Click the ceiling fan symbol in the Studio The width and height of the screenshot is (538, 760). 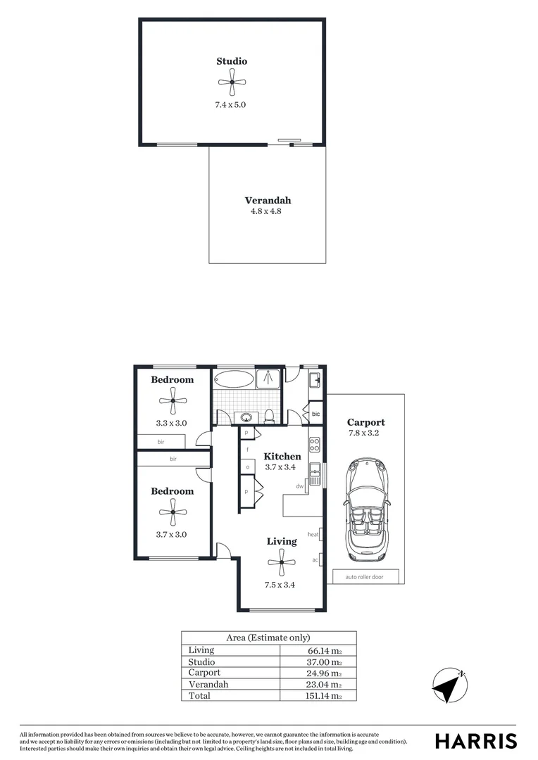(x=232, y=84)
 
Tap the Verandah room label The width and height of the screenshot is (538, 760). (x=267, y=201)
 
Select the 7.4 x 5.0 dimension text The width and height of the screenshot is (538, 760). (x=231, y=105)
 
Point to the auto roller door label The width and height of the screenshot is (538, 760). (x=365, y=578)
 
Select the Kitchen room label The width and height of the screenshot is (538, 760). (x=282, y=456)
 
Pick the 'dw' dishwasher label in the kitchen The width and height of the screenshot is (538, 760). (x=299, y=486)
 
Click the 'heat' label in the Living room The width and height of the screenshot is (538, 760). (x=313, y=535)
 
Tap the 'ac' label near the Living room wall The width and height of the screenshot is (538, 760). (x=315, y=560)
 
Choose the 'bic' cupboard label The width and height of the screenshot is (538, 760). (x=315, y=414)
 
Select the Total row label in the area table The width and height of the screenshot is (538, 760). (x=199, y=695)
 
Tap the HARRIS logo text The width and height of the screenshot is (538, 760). (x=475, y=741)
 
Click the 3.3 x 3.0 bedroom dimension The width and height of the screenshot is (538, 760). (x=170, y=424)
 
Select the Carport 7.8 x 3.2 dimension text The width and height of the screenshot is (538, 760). (x=365, y=433)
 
